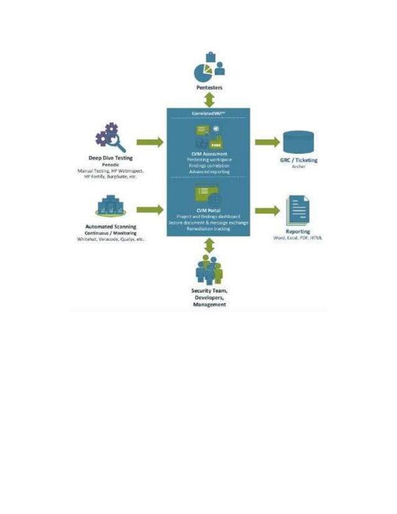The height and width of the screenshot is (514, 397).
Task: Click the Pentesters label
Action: pos(208,88)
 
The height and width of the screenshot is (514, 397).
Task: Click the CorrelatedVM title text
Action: pos(208,114)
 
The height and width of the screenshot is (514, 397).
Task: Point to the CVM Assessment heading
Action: pos(208,153)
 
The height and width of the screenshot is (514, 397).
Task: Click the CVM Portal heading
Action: pos(208,210)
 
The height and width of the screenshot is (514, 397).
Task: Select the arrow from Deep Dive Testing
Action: pos(149,142)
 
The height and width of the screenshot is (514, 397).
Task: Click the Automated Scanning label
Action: pos(110,227)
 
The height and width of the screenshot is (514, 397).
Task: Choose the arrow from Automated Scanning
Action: pos(149,210)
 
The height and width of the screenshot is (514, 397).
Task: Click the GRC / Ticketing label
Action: pos(299,160)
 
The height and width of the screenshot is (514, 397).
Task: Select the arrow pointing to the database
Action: pos(268,142)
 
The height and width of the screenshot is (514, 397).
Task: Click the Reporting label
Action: pos(298,231)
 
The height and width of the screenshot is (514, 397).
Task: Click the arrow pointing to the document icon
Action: pos(268,210)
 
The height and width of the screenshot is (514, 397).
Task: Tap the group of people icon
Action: pos(208,269)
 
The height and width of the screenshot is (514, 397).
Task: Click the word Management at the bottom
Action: pos(209,305)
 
